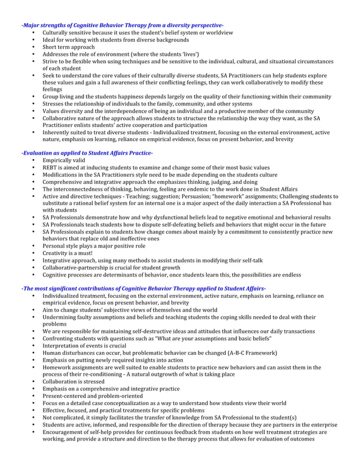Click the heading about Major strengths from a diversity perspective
click(122, 25)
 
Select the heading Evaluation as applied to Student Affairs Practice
click(87, 153)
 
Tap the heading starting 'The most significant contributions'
click(143, 288)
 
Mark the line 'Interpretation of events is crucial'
click(85, 345)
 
